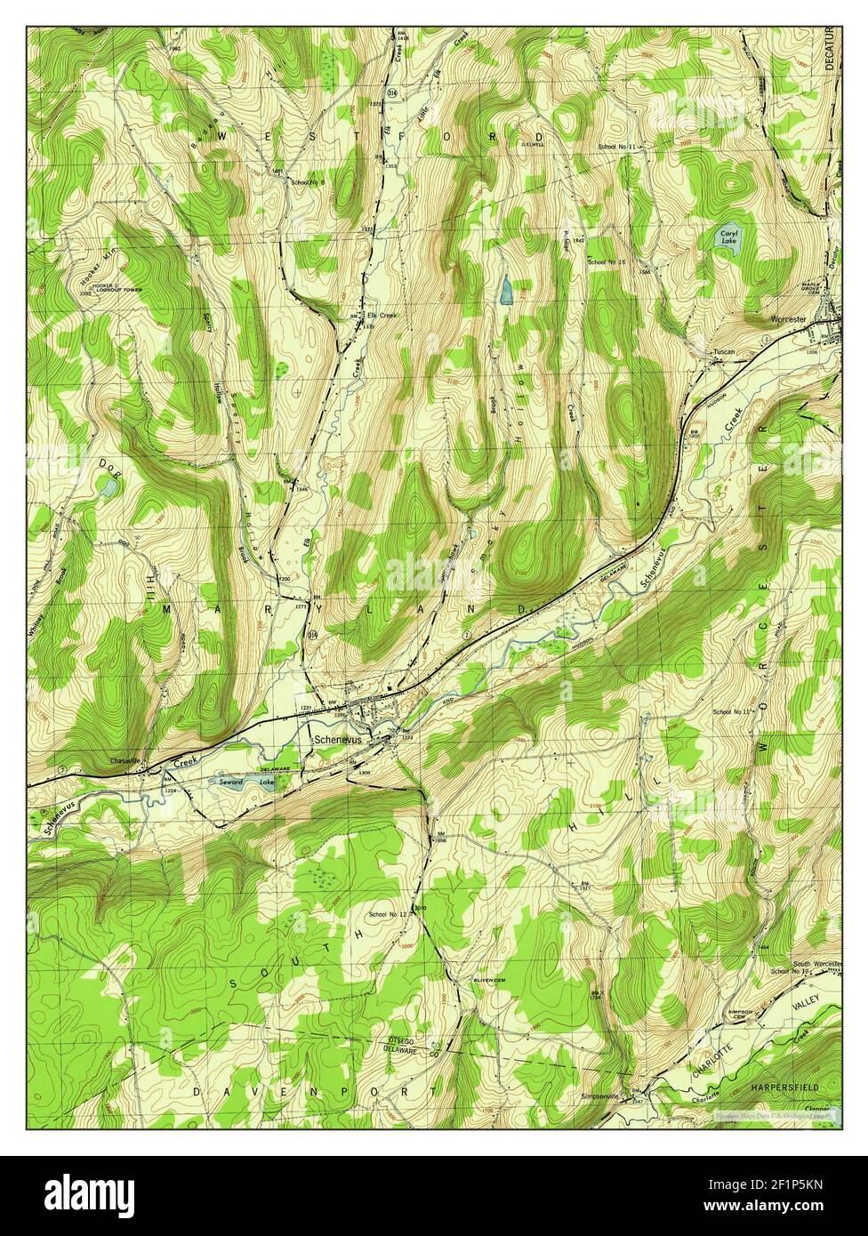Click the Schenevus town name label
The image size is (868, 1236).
coord(338,738)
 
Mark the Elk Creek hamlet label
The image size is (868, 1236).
coord(380,314)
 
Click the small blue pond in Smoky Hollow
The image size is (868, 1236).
coord(505,289)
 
